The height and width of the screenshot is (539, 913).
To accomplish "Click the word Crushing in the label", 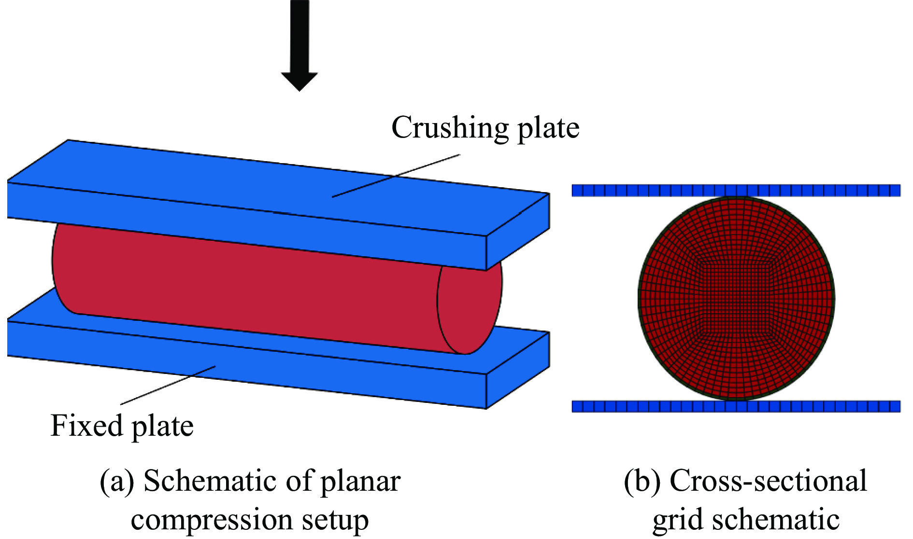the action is (x=450, y=128).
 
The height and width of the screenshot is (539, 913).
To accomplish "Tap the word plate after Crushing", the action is (x=548, y=128).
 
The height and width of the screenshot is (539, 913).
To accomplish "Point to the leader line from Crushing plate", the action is (x=396, y=176).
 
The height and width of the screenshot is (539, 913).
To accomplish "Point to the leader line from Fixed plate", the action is (x=168, y=385).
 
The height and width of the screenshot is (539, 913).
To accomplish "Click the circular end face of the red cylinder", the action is (x=470, y=309).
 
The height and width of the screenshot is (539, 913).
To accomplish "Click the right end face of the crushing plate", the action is (x=518, y=232).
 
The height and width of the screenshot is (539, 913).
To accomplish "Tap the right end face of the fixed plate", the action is (x=518, y=370).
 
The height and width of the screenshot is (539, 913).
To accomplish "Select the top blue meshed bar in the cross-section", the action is (x=736, y=190).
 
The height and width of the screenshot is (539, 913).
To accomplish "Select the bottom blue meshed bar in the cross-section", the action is (x=736, y=406).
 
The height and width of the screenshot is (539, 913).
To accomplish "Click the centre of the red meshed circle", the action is (x=737, y=298).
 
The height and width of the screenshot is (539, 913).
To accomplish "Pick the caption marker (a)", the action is (x=117, y=482).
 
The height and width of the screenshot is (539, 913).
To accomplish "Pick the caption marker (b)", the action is (x=642, y=482).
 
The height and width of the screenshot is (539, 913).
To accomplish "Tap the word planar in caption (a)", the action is (x=361, y=482).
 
